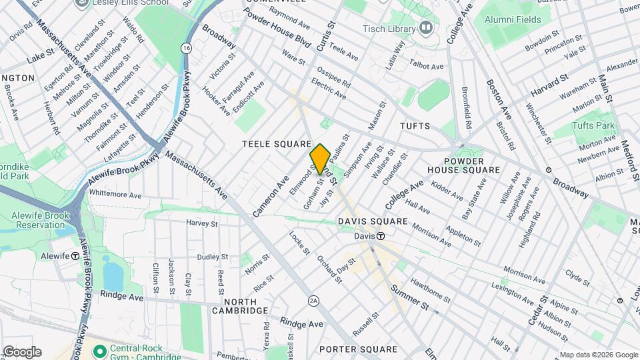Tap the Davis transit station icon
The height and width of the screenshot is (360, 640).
click(380, 236)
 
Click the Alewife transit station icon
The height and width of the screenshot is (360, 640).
click(75, 256)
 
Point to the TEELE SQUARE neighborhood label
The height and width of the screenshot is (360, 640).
click(277, 144)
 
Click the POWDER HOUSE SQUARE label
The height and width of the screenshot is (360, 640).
click(463, 165)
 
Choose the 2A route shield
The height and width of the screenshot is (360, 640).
click(313, 301)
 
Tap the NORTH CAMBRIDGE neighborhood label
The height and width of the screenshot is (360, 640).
click(240, 305)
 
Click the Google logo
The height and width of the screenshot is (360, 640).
click(21, 351)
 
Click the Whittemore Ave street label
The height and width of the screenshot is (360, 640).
click(115, 195)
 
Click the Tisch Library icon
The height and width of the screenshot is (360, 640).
click(425, 28)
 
